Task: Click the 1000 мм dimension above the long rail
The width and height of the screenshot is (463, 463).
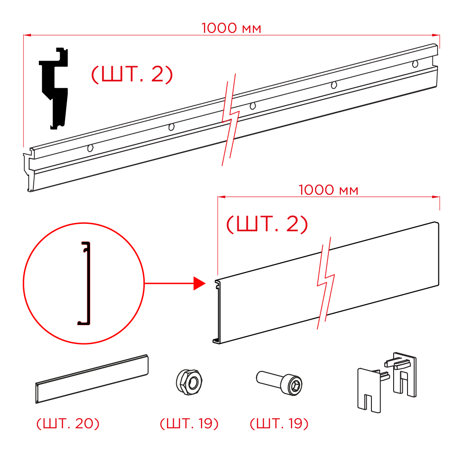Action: coord(231,28)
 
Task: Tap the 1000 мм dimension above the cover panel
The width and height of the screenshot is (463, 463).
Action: coord(328,190)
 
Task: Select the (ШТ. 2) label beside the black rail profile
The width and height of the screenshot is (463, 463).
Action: coord(132,74)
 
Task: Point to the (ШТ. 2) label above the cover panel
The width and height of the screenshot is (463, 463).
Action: coord(267,224)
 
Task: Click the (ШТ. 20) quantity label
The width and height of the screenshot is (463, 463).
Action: coord(68,423)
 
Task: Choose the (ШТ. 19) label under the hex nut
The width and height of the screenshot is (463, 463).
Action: coord(189,423)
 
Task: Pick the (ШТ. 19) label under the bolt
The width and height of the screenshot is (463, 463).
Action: coord(279,423)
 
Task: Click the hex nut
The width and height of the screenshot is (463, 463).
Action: coord(189,382)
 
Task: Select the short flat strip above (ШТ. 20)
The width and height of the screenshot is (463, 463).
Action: coord(92,379)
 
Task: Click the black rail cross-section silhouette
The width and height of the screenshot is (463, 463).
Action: coord(54,88)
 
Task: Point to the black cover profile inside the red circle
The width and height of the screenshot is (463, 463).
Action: coord(84,283)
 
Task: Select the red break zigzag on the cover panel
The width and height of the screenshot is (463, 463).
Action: coord(326,283)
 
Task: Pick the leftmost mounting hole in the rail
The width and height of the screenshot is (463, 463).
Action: coord(90,148)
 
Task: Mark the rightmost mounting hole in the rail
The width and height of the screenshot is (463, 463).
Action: coord(415,64)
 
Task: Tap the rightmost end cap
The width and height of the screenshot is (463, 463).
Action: coord(401,374)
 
